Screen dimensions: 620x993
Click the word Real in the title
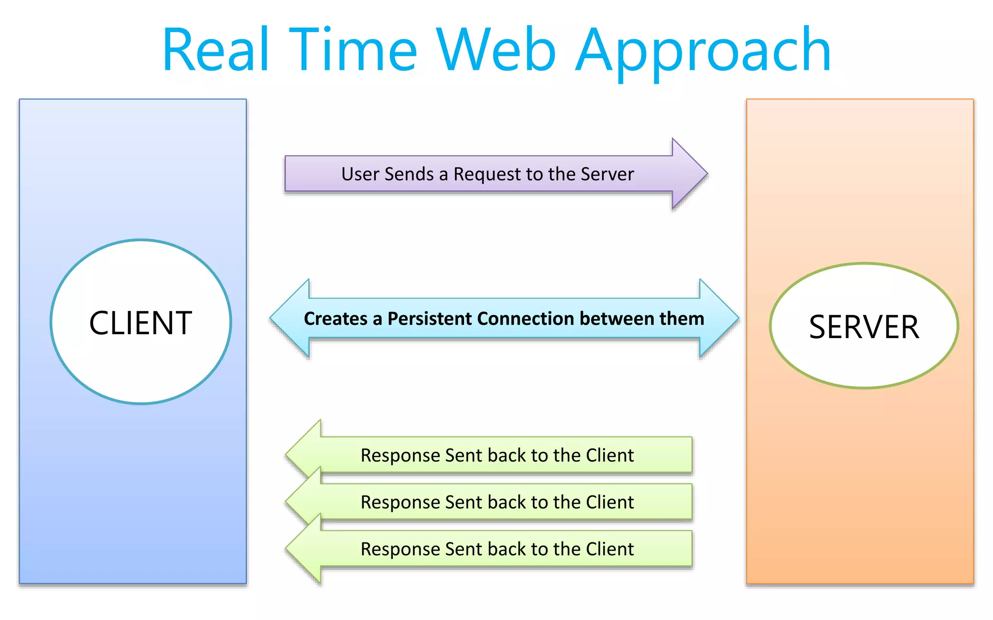point(216,50)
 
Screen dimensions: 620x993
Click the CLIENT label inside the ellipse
point(141,323)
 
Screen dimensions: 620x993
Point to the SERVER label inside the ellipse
point(864,327)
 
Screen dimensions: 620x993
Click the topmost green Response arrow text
point(497,455)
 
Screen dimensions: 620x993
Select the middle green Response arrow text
point(497,502)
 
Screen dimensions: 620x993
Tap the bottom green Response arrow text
point(497,549)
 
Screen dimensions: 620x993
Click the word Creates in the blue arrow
point(336,319)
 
